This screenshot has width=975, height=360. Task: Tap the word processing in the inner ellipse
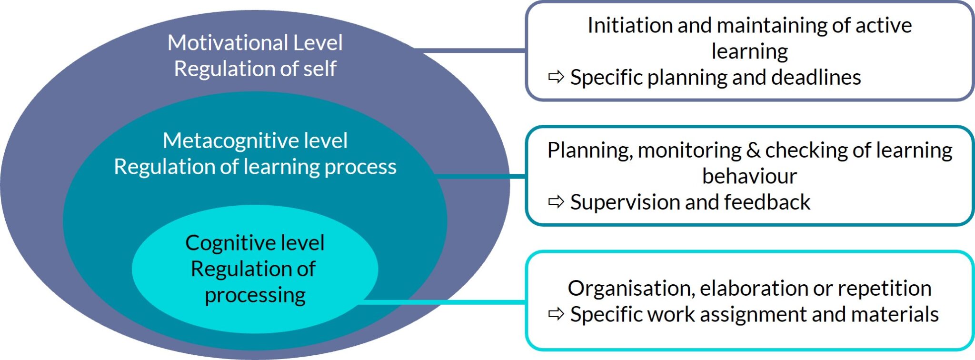tap(255, 296)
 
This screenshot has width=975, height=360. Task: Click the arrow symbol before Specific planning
tap(556, 77)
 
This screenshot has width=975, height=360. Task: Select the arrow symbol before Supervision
tap(556, 202)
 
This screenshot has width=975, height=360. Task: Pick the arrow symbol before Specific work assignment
tap(556, 314)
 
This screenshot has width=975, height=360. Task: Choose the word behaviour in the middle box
tap(749, 176)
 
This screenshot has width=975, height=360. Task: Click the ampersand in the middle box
tap(754, 150)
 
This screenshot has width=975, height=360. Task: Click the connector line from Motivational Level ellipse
tap(471, 49)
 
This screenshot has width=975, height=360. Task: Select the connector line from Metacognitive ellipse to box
tap(481, 177)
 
